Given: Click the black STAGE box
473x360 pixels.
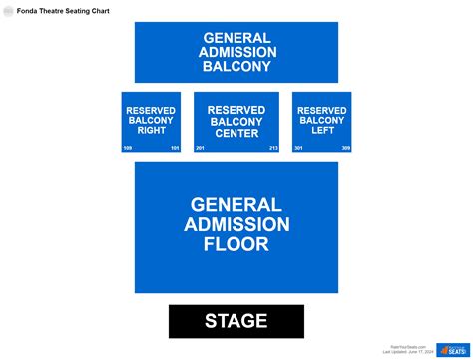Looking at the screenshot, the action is pos(236,321).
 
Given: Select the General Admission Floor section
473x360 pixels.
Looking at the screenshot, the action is pos(236,227).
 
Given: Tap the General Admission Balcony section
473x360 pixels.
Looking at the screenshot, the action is pos(236,52).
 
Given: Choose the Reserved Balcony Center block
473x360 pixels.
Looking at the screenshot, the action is pos(236,121).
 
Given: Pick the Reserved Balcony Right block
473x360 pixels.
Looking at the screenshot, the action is pos(151,121).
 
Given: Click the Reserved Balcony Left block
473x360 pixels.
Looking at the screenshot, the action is pos(321,121).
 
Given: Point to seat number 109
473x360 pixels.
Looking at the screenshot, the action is pos(128,148).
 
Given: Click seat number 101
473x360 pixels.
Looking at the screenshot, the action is pos(175,148).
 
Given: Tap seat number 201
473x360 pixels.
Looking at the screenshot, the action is pos(201,148).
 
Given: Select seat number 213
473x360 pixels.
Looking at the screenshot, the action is pos(273,148).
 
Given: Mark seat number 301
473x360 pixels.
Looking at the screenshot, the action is pos(298,148).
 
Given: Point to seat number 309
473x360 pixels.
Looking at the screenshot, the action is pos(345,148).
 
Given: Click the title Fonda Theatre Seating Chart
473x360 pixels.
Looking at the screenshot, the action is pos(63,11).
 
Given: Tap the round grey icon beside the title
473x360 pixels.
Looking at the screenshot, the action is pos(8,11).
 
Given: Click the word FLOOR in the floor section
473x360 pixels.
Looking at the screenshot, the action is pos(236,244).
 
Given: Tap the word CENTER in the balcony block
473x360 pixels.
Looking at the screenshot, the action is pos(236,133).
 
